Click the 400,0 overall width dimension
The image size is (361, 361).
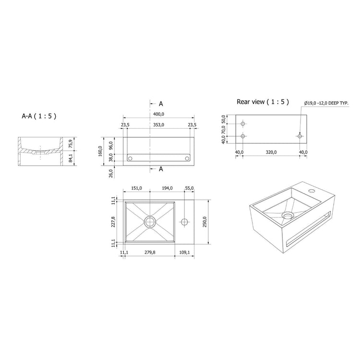pyautogui.click(x=158, y=114)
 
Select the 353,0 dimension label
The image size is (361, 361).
pyautogui.click(x=158, y=125)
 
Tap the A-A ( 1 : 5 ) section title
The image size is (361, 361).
pyautogui.click(x=39, y=116)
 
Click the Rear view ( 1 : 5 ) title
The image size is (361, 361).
pyautogui.click(x=263, y=102)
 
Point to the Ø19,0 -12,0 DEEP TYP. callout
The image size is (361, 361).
pyautogui.click(x=326, y=103)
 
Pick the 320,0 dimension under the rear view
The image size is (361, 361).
pyautogui.click(x=271, y=152)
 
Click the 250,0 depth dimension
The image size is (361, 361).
pyautogui.click(x=205, y=222)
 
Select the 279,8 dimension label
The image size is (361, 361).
pyautogui.click(x=150, y=253)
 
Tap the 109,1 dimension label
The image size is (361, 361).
pyautogui.click(x=184, y=253)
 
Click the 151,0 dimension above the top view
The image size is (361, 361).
pyautogui.click(x=136, y=188)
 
